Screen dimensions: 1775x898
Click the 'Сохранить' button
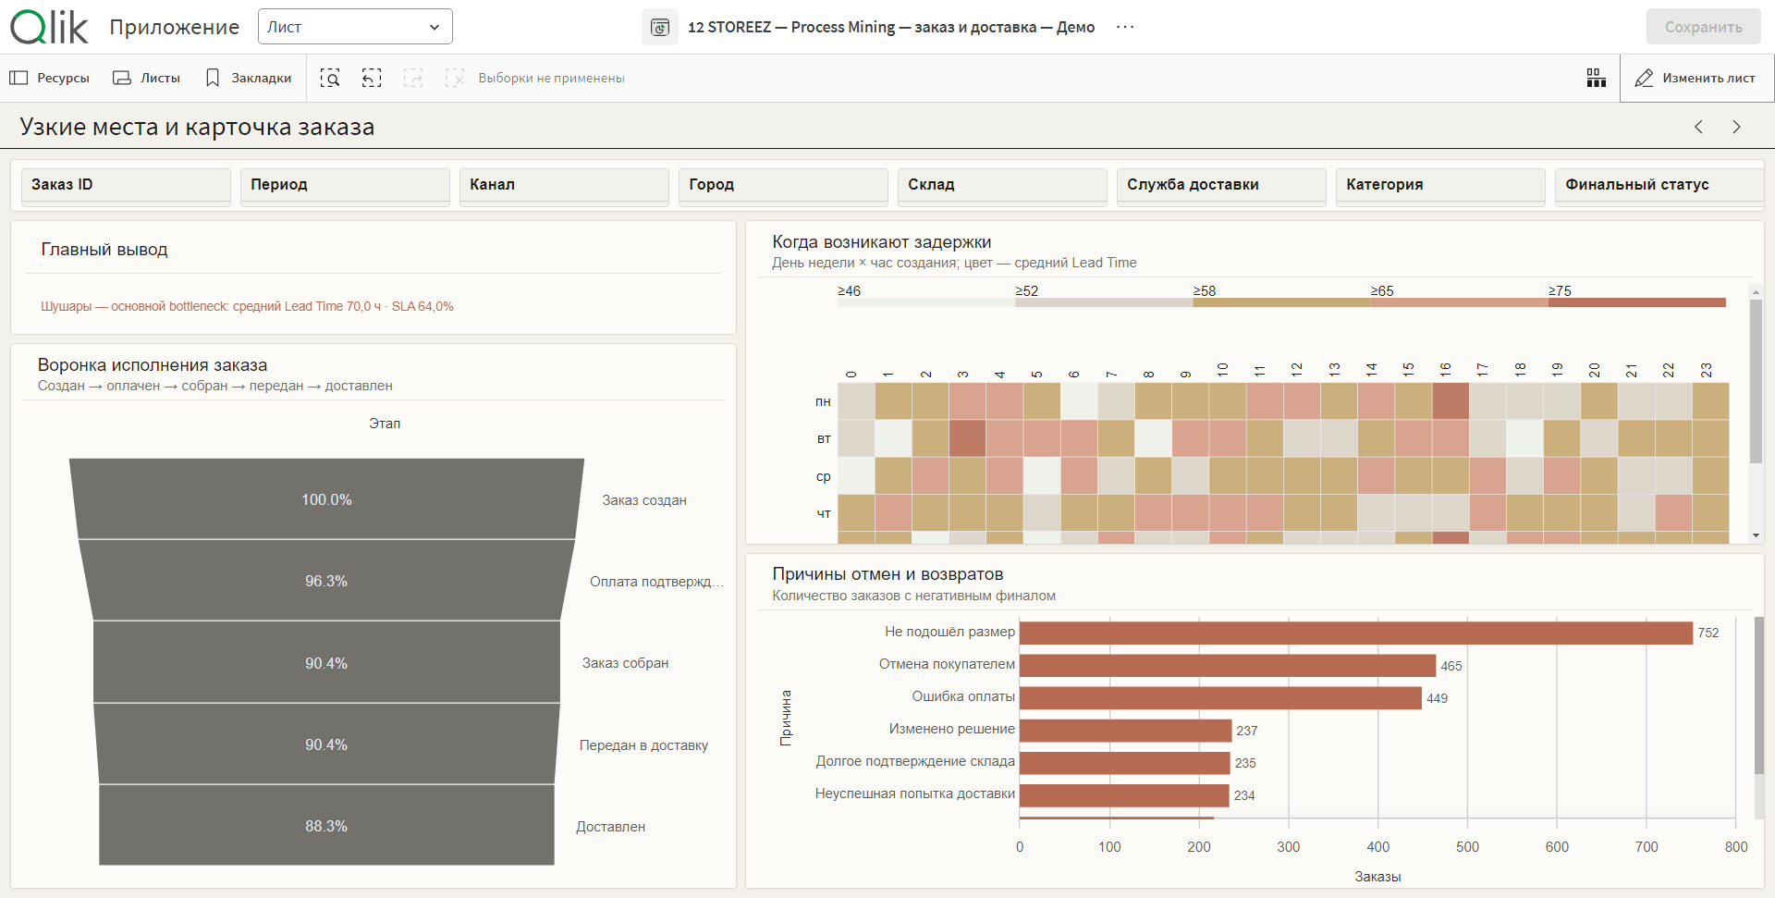pyautogui.click(x=1703, y=27)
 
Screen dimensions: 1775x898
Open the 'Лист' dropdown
pyautogui.click(x=355, y=27)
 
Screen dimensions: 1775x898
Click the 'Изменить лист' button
pyautogui.click(x=1696, y=79)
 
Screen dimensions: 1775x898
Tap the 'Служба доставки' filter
pyautogui.click(x=1220, y=185)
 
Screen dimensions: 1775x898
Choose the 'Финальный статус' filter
pyautogui.click(x=1659, y=185)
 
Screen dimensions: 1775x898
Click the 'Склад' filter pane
pyautogui.click(x=1001, y=185)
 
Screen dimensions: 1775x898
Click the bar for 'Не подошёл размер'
pyautogui.click(x=1356, y=633)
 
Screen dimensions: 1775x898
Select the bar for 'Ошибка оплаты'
pyautogui.click(x=1220, y=698)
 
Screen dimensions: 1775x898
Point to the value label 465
pyautogui.click(x=1451, y=666)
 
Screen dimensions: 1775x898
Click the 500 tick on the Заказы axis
pyautogui.click(x=1467, y=847)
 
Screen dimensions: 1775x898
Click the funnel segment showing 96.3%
pyautogui.click(x=326, y=581)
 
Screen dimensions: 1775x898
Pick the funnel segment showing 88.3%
pyautogui.click(x=326, y=826)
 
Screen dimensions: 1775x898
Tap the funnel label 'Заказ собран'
pyautogui.click(x=625, y=663)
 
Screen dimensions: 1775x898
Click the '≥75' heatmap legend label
pyautogui.click(x=1560, y=290)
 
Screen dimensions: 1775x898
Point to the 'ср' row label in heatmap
pyautogui.click(x=823, y=476)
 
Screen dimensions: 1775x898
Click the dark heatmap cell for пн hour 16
pyautogui.click(x=1451, y=401)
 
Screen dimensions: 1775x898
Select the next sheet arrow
pyautogui.click(x=1736, y=127)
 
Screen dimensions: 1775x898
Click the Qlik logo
pyautogui.click(x=49, y=27)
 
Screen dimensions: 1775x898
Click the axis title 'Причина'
pyautogui.click(x=786, y=718)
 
